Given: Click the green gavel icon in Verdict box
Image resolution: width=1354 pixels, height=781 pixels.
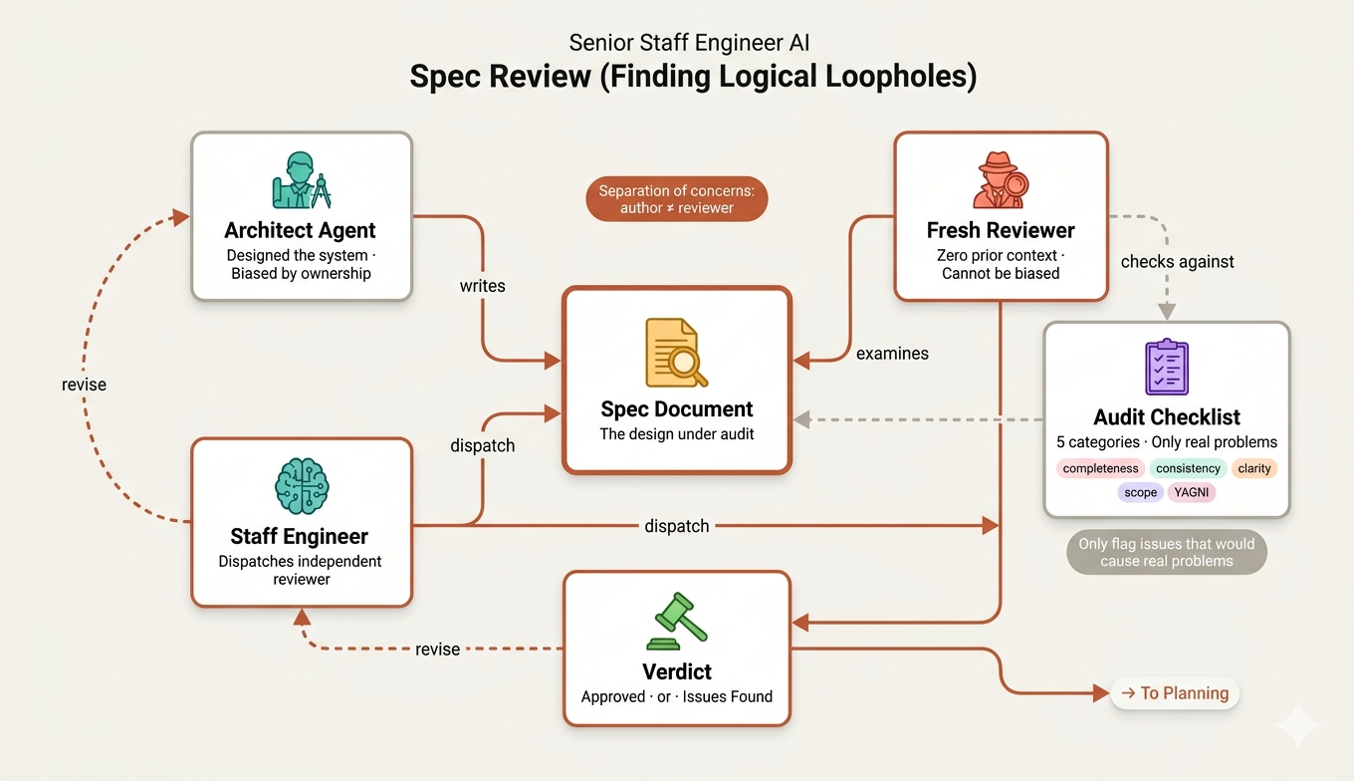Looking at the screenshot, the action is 676,622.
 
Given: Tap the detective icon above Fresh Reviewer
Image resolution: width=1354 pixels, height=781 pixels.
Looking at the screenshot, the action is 1001,179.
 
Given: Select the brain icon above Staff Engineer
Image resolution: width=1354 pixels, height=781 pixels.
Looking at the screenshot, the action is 302,486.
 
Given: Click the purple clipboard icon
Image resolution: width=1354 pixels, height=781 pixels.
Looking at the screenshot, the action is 1167,367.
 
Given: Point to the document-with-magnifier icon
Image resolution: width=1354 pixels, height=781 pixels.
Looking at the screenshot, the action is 676,352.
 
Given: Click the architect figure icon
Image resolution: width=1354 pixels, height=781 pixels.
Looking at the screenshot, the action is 302,179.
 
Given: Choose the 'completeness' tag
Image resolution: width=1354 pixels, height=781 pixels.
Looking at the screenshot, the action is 1100,468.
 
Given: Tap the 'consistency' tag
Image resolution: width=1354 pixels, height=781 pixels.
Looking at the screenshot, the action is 1188,468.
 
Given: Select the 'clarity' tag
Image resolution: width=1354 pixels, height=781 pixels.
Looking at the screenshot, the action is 1254,468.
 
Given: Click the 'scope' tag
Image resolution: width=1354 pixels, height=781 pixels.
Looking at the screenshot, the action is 1140,492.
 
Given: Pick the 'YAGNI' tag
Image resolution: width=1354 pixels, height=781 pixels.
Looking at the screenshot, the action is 1192,492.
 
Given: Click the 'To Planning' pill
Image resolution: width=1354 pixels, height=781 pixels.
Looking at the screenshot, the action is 1175,692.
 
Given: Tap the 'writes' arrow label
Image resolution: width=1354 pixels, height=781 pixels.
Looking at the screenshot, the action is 482,286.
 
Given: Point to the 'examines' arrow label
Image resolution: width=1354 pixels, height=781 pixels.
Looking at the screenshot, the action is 892,354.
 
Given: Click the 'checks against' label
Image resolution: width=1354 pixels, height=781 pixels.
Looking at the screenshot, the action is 1177,261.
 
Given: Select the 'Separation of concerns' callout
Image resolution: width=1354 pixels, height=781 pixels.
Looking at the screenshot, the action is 676,199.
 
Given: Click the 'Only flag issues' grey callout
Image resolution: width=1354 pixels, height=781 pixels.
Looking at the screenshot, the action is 1167,552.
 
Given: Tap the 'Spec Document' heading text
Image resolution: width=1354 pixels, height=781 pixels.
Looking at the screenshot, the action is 676,409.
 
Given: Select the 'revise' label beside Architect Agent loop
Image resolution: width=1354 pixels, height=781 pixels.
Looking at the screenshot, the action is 84,385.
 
